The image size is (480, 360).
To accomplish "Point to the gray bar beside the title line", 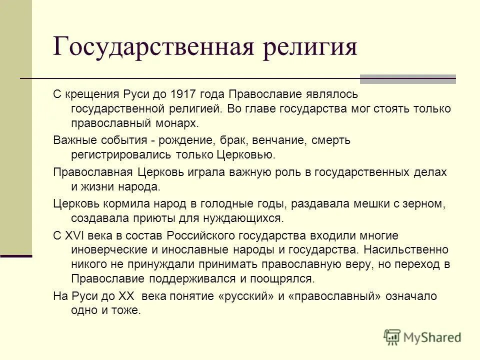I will pyautogui.click(x=408, y=79).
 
